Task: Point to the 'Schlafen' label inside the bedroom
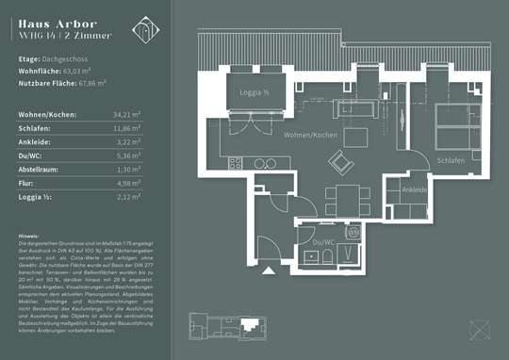point(452,161)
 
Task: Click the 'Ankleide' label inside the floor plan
point(415,189)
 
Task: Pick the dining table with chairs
point(344,199)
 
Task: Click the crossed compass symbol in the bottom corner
point(483,330)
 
